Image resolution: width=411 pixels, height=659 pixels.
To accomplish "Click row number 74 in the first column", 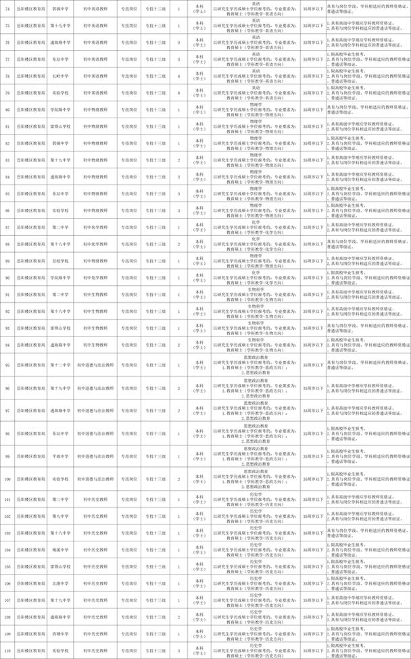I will pyautogui.click(x=7, y=10).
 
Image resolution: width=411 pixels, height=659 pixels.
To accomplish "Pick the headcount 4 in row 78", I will pyautogui.click(x=178, y=76).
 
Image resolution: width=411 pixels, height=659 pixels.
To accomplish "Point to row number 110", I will pyautogui.click(x=7, y=651).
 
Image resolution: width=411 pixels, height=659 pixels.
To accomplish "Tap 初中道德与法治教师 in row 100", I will pyautogui.click(x=95, y=479).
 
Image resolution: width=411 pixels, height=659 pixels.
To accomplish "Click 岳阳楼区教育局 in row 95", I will pyautogui.click(x=28, y=364).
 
